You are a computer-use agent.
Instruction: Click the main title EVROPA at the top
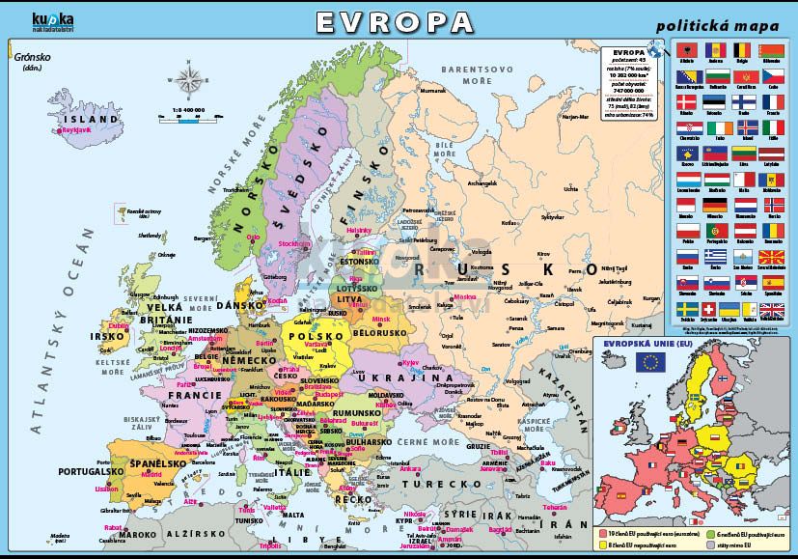(x=395, y=21)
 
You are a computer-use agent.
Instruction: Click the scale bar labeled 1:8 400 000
(x=192, y=116)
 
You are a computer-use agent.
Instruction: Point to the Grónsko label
(x=31, y=60)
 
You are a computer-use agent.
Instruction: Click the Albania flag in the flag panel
(x=687, y=50)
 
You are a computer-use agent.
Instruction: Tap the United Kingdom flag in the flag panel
(x=772, y=310)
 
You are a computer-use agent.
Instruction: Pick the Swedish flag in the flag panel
(x=687, y=310)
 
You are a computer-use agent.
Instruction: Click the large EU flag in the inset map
(x=649, y=362)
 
